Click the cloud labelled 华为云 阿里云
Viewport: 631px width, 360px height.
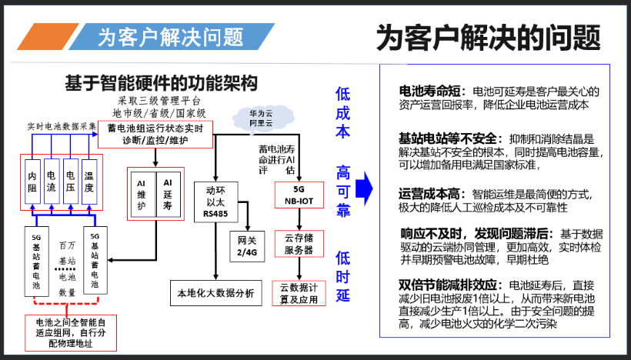click(261, 117)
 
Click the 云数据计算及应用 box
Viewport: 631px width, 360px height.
click(299, 294)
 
